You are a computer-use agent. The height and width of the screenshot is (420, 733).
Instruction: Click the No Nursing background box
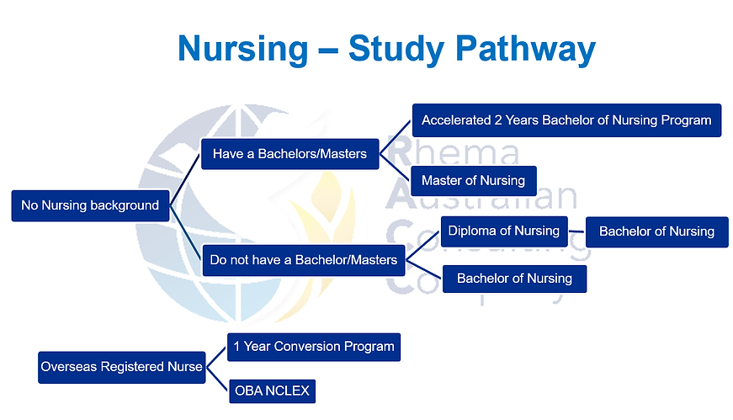point(90,205)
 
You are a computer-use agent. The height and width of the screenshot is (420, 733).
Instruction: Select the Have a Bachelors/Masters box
point(289,154)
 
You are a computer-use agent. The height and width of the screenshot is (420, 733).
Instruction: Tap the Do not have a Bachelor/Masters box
point(304,260)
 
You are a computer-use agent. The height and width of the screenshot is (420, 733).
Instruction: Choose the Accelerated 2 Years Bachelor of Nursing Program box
point(566,120)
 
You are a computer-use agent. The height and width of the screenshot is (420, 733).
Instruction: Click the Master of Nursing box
point(473,180)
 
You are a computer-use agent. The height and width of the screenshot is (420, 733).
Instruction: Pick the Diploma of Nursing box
point(503,231)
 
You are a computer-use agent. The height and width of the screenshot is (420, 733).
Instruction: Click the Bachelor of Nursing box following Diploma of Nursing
point(656,231)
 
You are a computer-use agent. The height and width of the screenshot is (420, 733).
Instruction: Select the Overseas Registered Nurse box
point(121,367)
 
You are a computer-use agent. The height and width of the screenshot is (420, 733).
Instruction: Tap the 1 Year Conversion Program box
point(313,346)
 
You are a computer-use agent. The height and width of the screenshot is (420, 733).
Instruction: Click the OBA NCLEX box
point(272,391)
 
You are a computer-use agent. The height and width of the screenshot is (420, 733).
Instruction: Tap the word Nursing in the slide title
point(243,50)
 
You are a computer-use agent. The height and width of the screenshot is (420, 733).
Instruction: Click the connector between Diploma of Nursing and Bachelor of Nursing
point(577,231)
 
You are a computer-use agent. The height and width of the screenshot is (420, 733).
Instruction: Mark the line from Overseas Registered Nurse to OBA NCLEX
point(216,380)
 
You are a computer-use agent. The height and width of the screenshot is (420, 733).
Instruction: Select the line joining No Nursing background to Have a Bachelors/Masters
point(186,179)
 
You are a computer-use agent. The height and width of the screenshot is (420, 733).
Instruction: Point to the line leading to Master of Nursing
point(395,167)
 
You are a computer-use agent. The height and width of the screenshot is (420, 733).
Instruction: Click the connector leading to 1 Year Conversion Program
point(216,356)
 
